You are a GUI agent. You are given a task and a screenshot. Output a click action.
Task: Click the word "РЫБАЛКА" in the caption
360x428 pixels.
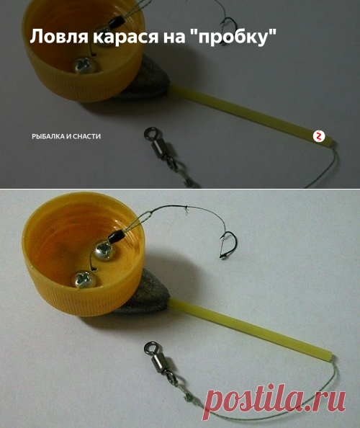[x=48, y=136]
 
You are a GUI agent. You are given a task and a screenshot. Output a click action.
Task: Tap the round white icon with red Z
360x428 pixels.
[x=319, y=136]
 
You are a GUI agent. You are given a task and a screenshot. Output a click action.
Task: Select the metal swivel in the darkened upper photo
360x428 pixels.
[x=161, y=147]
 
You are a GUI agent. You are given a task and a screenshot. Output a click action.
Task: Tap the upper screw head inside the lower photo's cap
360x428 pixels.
[x=104, y=250]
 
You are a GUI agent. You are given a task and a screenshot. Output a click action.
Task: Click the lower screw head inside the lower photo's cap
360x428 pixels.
[x=84, y=280]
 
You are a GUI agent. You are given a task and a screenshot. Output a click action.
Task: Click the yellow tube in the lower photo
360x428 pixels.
[x=251, y=329]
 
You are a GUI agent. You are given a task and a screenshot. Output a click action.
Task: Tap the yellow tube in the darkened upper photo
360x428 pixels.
[x=251, y=115]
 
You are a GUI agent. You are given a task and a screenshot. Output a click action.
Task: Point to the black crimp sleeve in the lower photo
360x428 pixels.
[x=117, y=236]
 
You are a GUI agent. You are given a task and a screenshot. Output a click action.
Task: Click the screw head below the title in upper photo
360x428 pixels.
[x=84, y=65]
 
